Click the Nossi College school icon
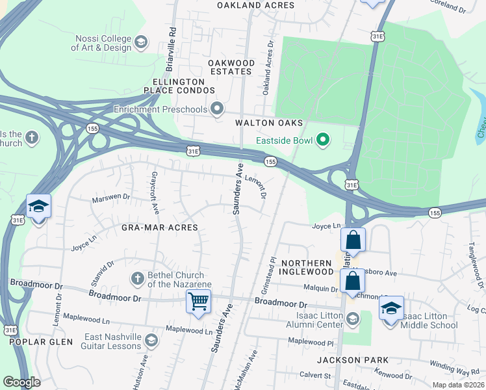[140, 43]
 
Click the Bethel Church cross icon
[137, 278]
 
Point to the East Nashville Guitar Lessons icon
[151, 340]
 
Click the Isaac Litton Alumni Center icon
[352, 318]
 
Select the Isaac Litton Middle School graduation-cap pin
[391, 308]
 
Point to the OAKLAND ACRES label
[255, 5]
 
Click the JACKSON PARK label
[353, 359]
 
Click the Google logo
[21, 382]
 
